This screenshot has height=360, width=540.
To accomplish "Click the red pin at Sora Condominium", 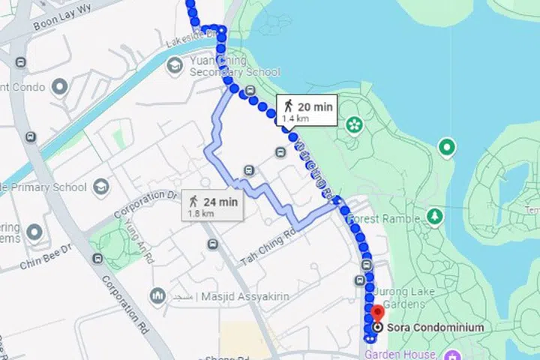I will click(377, 313).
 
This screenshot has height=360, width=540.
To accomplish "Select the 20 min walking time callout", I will click(307, 109).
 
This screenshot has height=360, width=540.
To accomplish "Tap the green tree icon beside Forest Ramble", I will click(433, 217).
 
